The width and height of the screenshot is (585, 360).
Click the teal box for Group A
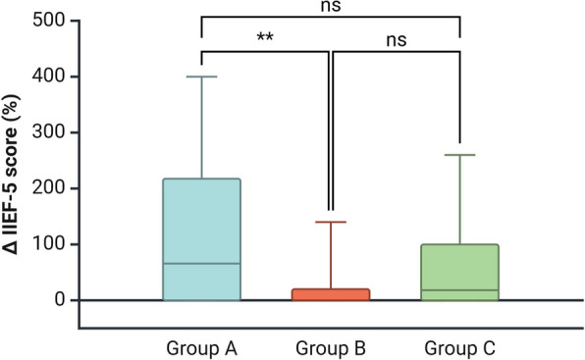[x=201, y=238]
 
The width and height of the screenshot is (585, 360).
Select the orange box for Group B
[x=332, y=294]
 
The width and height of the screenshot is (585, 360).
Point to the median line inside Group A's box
[x=201, y=264]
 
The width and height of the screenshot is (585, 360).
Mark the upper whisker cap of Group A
[x=201, y=77]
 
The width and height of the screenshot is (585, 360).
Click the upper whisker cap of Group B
[x=332, y=222]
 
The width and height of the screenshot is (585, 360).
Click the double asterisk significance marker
[x=265, y=38]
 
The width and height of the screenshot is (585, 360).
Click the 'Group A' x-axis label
[x=201, y=347]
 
